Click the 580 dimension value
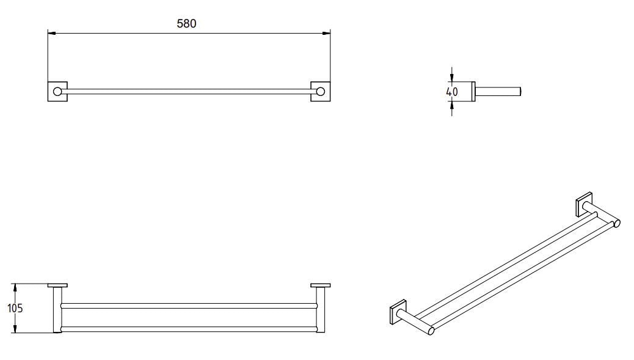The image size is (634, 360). coord(186,24)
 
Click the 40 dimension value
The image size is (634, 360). coord(452,92)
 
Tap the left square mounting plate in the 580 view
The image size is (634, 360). coord(57,91)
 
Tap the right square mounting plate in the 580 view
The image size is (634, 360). coord(321,91)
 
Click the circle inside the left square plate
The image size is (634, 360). coord(57,92)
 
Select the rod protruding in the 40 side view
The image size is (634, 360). coord(498,92)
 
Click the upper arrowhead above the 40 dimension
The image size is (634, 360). coord(452,78)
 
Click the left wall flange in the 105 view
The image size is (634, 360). coord(57,285)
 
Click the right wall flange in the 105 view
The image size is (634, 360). coord(320,285)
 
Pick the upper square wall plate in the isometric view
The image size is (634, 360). coord(583,205)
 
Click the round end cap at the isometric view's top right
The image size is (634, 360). coord(617,223)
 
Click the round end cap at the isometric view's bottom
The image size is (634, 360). coord(431,331)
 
